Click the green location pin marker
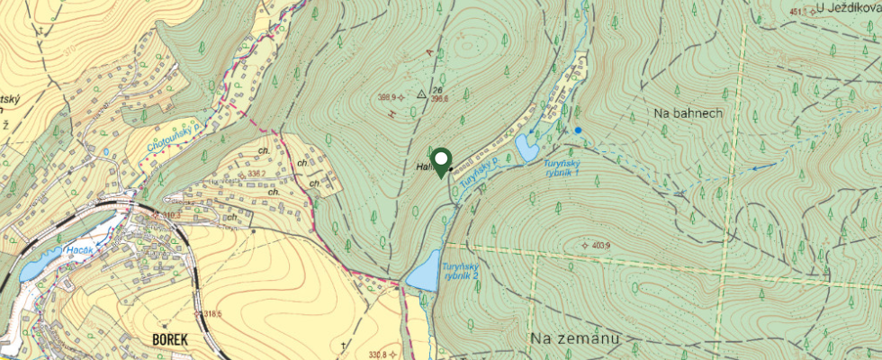coord(442,162)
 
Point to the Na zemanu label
coord(574,338)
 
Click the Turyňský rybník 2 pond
coord(421,275)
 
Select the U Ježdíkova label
coord(848,8)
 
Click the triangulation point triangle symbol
coord(420,94)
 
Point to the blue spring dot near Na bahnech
coord(578,130)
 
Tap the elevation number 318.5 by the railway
coord(212,314)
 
